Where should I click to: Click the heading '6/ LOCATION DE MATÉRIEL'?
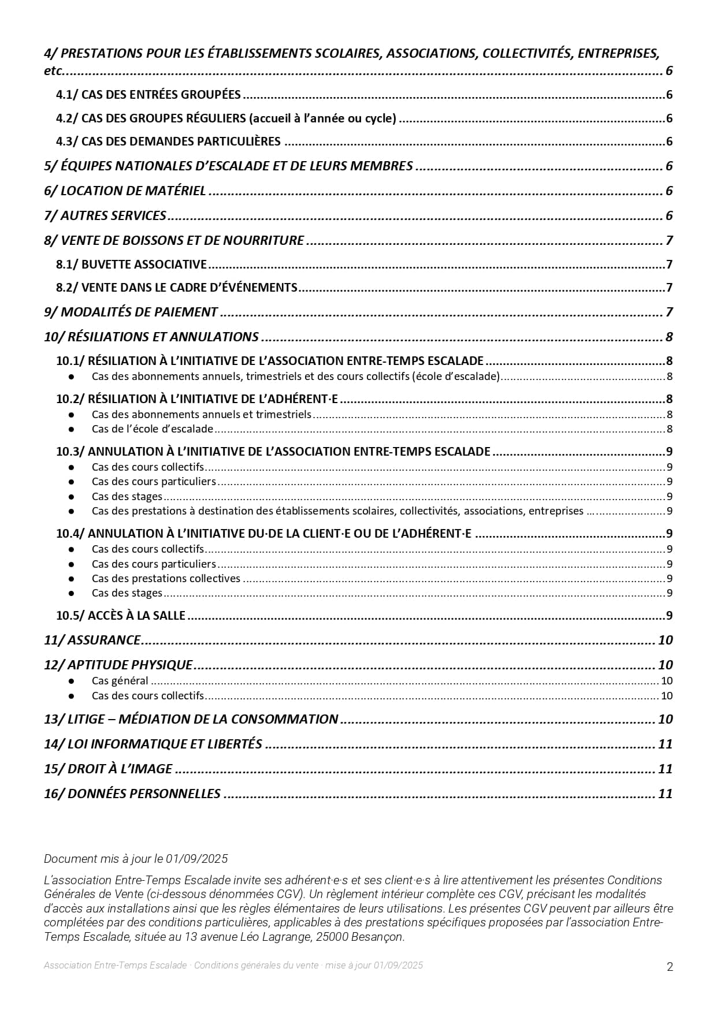tap(125, 191)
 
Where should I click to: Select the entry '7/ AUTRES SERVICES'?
tap(105, 216)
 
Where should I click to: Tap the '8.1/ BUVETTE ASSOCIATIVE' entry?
tap(131, 265)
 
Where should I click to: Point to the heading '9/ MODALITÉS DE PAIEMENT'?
tap(131, 312)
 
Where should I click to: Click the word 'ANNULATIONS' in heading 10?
tap(222, 337)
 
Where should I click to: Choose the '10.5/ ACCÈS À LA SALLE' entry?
tap(121, 616)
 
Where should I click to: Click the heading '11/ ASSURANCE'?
tap(92, 640)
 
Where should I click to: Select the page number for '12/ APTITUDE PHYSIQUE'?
tap(665, 665)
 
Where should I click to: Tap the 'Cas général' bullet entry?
tap(120, 681)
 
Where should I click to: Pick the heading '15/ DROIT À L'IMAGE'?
tap(108, 769)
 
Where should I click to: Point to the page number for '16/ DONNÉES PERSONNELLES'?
tap(665, 794)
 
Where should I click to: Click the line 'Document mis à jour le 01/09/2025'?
tap(136, 859)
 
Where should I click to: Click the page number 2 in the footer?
tap(670, 967)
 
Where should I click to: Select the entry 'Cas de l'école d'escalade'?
tap(153, 429)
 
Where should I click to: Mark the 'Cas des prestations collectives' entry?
tap(166, 579)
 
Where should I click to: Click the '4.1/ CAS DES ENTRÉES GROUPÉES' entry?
tap(148, 95)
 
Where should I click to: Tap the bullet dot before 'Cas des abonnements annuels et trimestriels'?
tap(72, 415)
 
